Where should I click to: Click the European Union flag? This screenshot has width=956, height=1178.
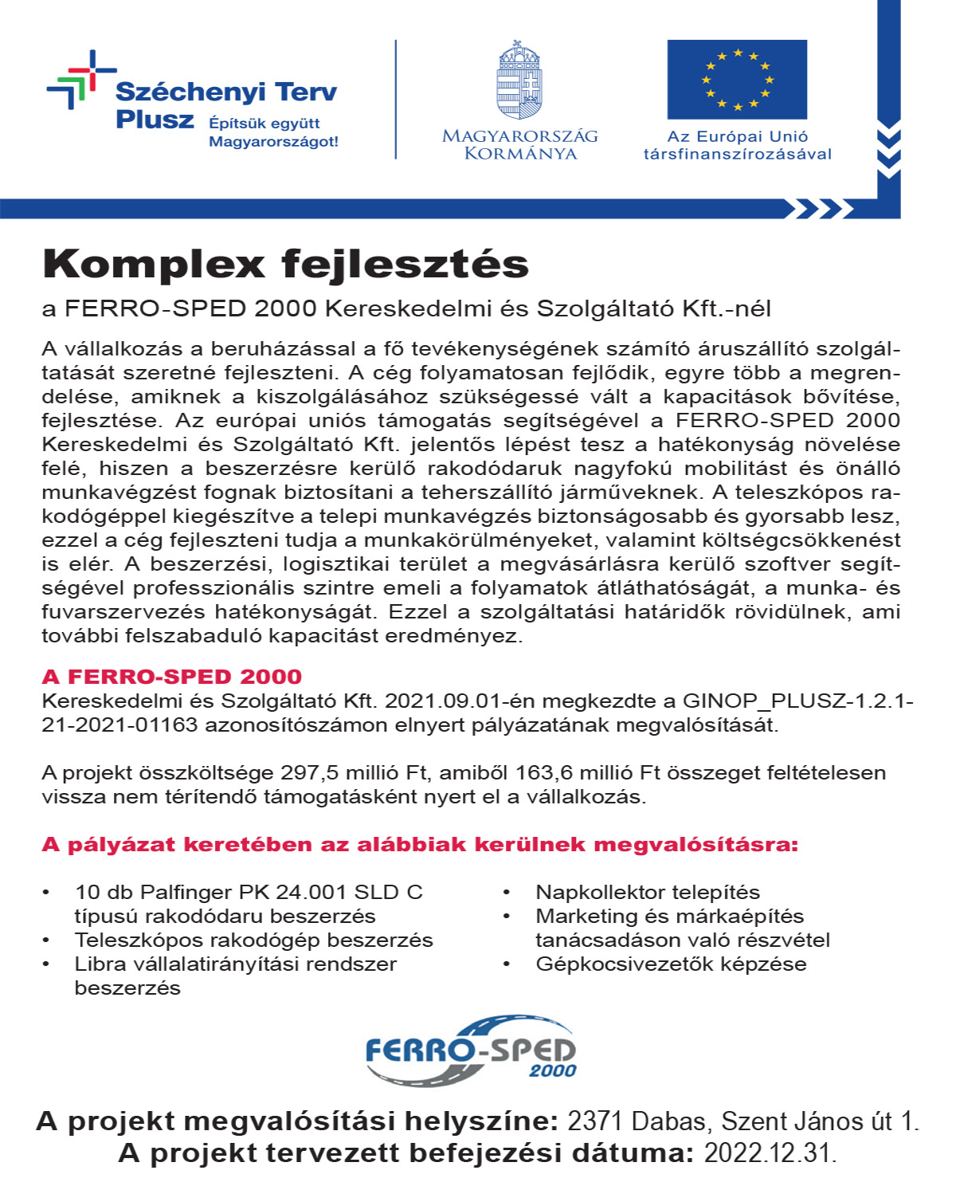point(737,80)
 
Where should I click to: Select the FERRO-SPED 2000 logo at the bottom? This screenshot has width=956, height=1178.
point(471,1050)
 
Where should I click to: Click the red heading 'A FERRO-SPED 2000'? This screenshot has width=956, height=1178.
point(172,677)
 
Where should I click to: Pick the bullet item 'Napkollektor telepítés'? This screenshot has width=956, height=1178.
point(648,893)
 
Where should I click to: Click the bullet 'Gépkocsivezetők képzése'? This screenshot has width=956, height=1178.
point(671,964)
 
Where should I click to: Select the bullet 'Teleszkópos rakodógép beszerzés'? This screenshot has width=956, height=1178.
point(253,940)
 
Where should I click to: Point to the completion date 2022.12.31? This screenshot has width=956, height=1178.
point(770,1153)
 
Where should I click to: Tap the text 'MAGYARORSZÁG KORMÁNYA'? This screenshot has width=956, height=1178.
point(519,144)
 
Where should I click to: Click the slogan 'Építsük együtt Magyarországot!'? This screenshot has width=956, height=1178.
point(273,132)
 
